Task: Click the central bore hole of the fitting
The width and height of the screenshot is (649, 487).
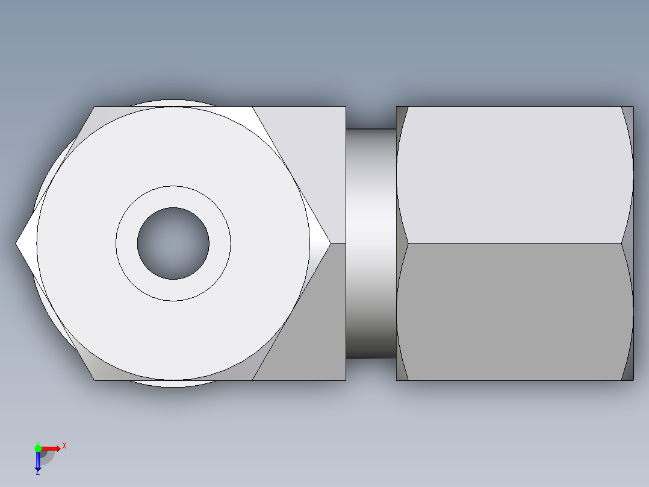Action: (x=173, y=243)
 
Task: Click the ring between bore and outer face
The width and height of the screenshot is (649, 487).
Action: (x=173, y=197)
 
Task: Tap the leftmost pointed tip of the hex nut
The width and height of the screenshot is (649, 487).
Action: (x=17, y=243)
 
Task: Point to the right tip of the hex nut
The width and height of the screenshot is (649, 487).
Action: (x=329, y=243)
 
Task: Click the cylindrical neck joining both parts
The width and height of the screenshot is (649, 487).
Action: (x=371, y=243)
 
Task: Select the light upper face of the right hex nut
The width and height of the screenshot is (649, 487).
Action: (x=515, y=175)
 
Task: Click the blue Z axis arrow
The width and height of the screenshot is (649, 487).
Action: (x=38, y=462)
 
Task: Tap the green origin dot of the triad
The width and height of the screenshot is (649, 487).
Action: (x=38, y=448)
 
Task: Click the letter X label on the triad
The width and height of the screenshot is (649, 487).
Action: (x=64, y=446)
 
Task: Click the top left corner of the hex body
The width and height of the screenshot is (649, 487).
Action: (x=95, y=107)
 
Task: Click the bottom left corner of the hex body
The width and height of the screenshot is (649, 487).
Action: (x=95, y=380)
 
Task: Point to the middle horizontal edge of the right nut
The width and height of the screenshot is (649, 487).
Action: (x=515, y=243)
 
